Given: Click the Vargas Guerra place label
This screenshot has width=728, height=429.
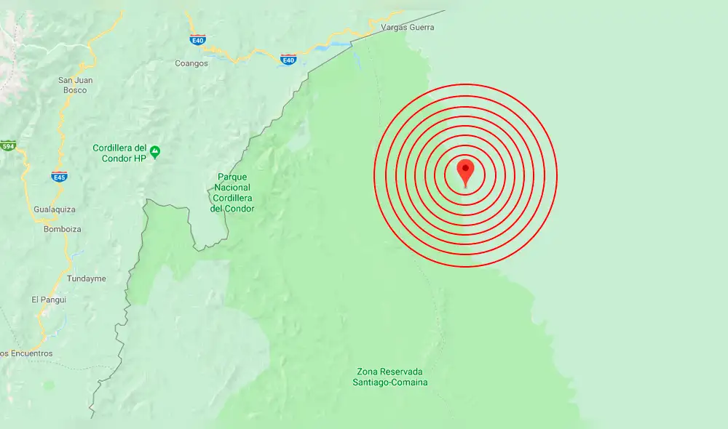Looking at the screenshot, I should click(x=407, y=28).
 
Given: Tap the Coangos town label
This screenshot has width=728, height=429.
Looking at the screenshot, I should click(x=191, y=63).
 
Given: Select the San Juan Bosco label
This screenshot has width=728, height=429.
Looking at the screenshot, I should click(x=75, y=85).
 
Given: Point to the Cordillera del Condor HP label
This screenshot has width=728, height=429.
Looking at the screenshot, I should click(x=120, y=153).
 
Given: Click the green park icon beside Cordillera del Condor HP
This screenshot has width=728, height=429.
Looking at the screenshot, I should click(x=154, y=152).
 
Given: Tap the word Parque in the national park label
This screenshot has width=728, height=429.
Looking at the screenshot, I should click(x=232, y=177).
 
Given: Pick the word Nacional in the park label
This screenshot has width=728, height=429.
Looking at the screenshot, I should click(x=232, y=188).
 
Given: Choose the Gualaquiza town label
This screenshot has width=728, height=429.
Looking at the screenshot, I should click(x=55, y=209).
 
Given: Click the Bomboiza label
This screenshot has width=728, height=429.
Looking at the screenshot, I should click(x=62, y=229).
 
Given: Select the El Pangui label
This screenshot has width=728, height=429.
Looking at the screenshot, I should click(x=49, y=300).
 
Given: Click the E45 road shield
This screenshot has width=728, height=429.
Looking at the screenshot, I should click(x=59, y=177).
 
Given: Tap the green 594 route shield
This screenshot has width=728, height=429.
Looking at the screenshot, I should click(x=8, y=145).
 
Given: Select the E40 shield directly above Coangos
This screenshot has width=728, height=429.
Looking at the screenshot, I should click(x=197, y=39).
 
